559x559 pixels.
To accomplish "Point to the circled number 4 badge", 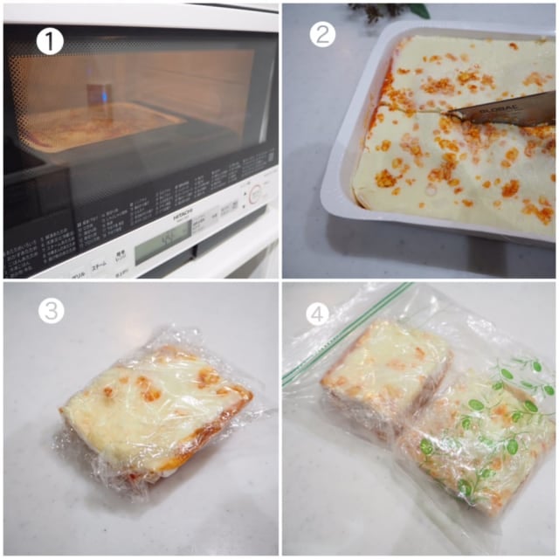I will click(316, 312).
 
